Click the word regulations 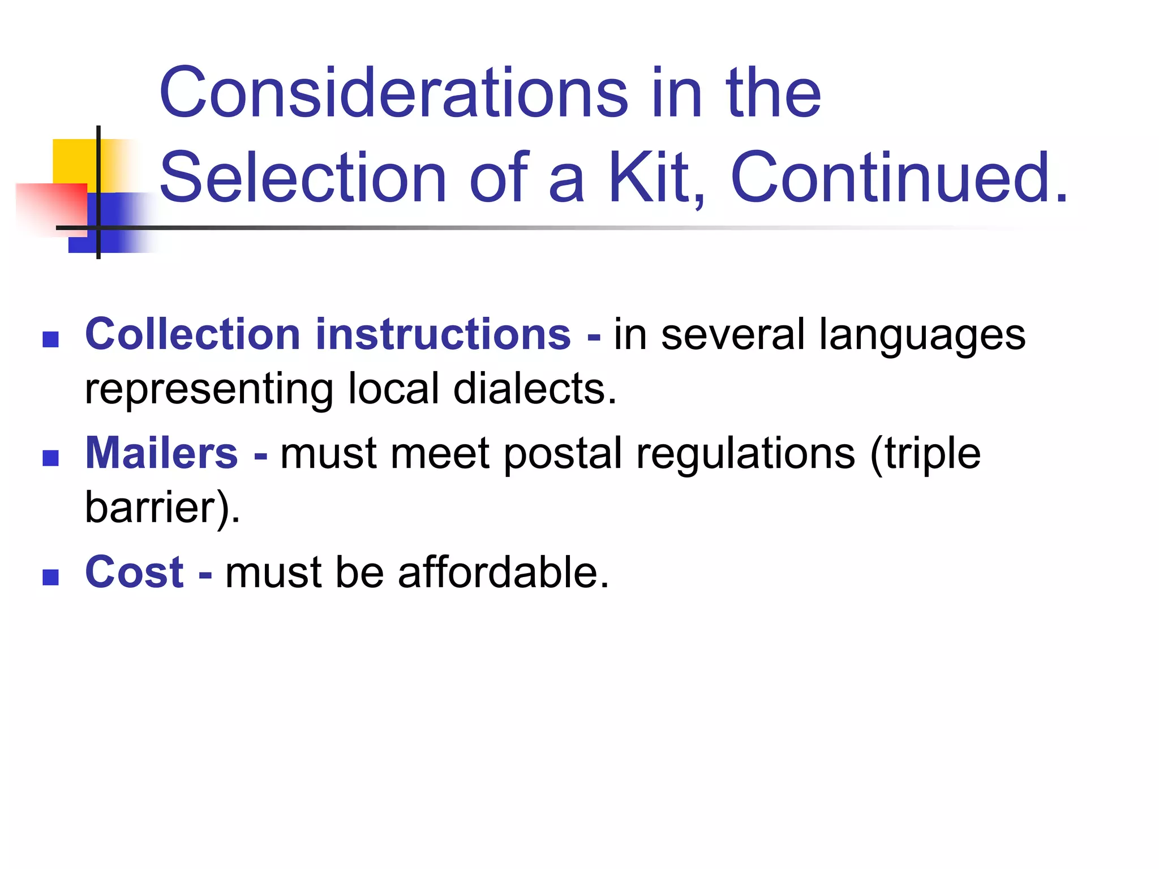point(745,454)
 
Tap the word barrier point(158,507)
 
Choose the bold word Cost point(134,572)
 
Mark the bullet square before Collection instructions point(51,339)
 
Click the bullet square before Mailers point(51,458)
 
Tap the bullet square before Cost point(51,577)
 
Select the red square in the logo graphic point(51,207)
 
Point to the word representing point(209,390)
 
